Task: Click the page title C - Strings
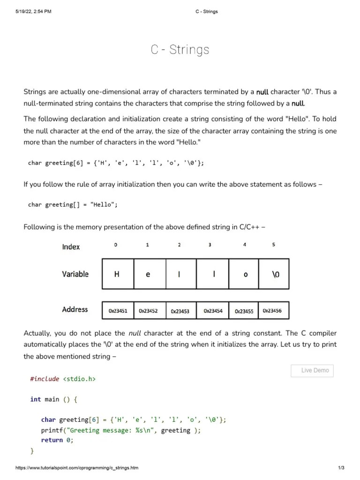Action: pos(180,50)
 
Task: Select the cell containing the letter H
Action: pos(117,274)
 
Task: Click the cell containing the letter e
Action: pos(148,274)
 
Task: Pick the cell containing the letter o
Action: pos(245,274)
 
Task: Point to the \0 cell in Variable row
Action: pos(275,274)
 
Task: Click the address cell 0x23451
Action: pos(118,310)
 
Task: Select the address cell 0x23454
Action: pos(213,310)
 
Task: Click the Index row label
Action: pos(71,247)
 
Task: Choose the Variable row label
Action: pos(75,274)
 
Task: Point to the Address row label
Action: pos(75,309)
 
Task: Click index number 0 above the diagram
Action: pos(116,245)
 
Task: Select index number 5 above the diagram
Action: pos(274,245)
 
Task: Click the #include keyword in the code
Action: pos(45,379)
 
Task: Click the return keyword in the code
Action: pos(52,440)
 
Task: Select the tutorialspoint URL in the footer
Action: pos(77,468)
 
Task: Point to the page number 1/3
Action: pos(341,468)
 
